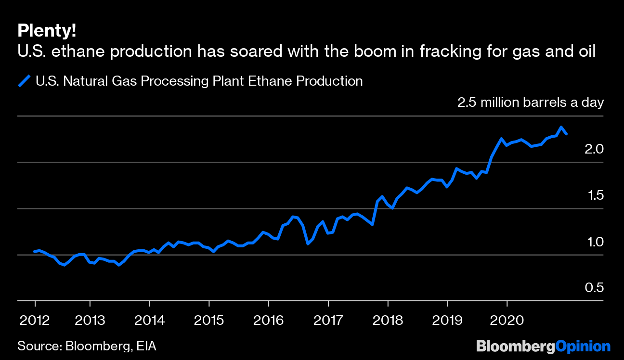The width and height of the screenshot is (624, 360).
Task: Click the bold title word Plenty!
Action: click(x=46, y=31)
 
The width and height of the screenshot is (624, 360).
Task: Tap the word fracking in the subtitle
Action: click(x=452, y=51)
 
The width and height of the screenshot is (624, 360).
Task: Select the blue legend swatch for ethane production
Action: click(x=24, y=81)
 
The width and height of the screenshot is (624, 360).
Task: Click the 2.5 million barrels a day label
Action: click(x=530, y=102)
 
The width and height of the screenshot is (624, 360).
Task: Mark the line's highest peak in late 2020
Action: click(x=561, y=127)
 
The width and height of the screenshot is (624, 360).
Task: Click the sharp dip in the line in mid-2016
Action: click(x=308, y=244)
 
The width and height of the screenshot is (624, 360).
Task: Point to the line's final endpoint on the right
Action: click(x=567, y=134)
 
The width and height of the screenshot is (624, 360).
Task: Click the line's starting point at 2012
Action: click(x=34, y=251)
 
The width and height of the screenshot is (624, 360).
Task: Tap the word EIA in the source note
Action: click(x=145, y=346)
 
